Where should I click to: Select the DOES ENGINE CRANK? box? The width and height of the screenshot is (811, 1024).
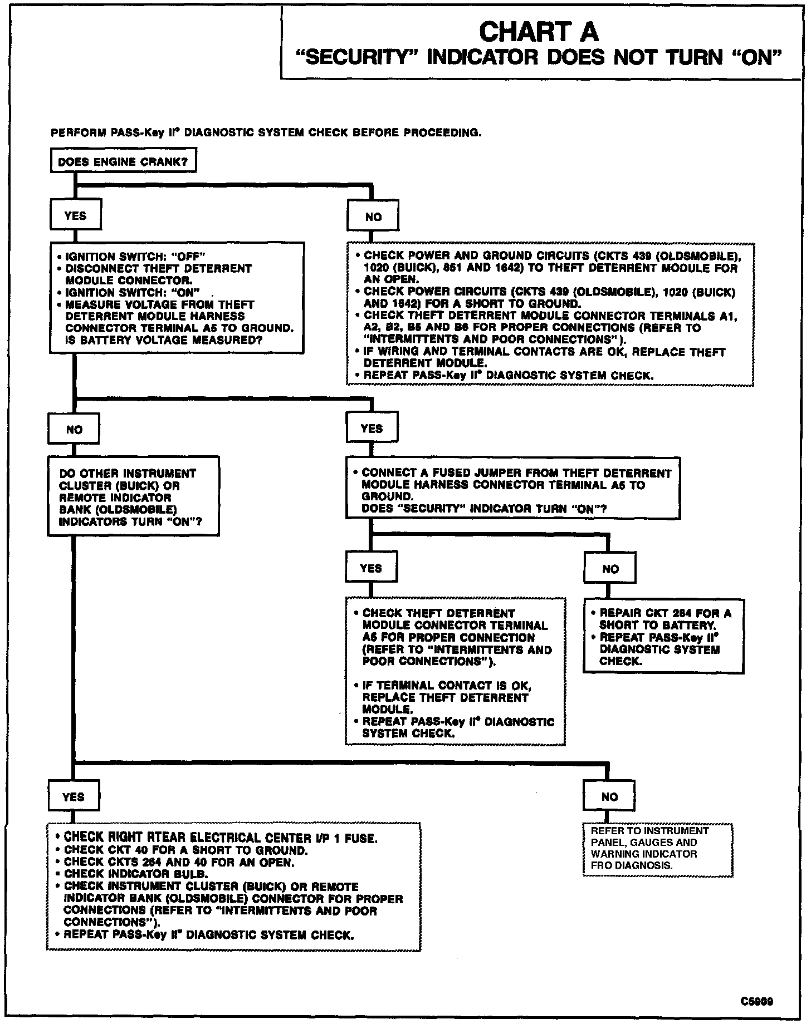[123, 162]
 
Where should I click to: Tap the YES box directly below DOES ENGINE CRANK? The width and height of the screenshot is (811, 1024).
[76, 216]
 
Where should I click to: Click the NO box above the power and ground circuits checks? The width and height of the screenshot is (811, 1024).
[373, 217]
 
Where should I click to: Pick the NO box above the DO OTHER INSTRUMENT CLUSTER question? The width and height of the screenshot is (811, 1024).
[74, 429]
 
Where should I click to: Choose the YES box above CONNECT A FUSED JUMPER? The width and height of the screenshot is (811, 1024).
[372, 429]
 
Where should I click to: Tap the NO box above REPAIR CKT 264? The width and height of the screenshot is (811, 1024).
[610, 569]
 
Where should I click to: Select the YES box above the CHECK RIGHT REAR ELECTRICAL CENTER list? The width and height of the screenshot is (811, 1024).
[74, 796]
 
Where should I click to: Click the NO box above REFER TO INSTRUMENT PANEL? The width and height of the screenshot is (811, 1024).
[609, 797]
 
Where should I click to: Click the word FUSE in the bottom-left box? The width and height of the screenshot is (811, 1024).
[364, 838]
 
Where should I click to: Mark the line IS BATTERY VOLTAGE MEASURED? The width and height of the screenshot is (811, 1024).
[164, 340]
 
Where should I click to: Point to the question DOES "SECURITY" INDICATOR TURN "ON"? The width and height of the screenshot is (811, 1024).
[484, 509]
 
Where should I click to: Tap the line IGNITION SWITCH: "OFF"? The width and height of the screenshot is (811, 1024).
[136, 257]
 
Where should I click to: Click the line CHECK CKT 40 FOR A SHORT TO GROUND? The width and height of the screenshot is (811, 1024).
[185, 850]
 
